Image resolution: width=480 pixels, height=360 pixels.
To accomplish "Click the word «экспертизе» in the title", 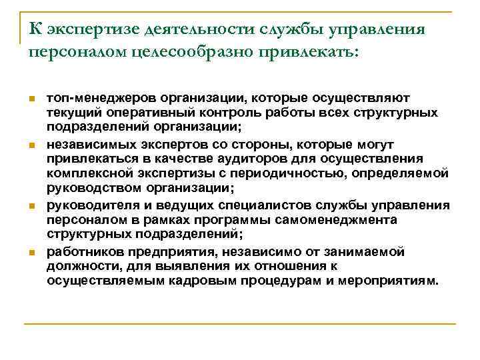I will (x=85, y=30).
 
